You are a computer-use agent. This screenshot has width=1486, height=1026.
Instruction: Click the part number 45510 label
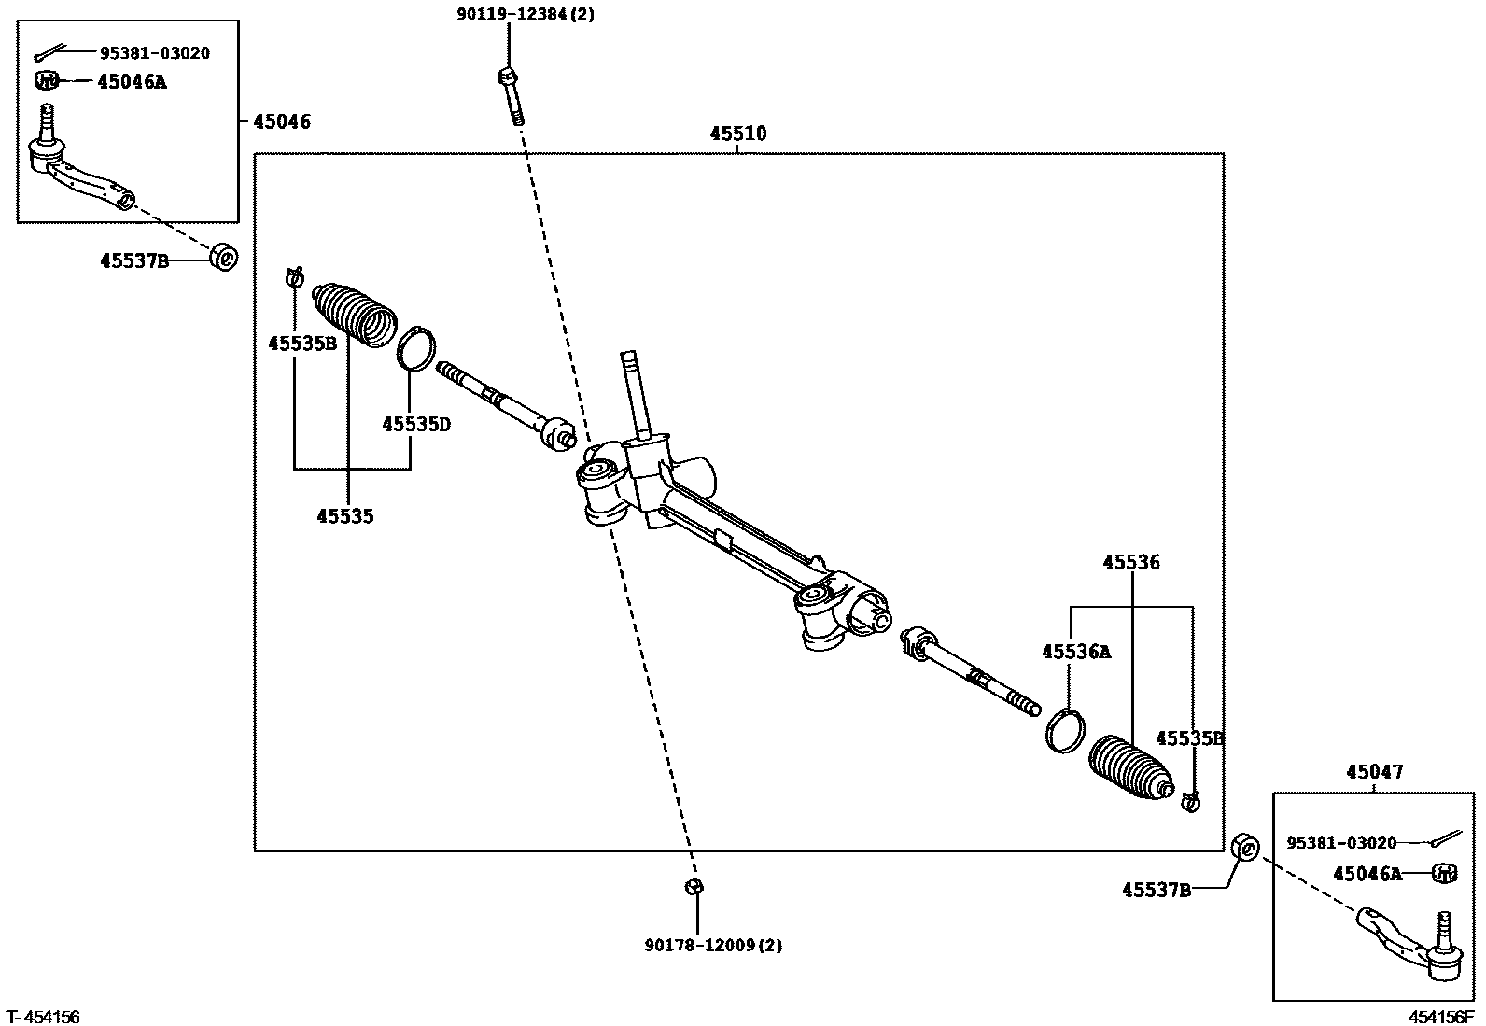click(737, 134)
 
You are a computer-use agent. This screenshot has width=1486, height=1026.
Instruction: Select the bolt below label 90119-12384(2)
click(511, 95)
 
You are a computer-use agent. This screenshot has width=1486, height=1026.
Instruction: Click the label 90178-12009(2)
click(713, 945)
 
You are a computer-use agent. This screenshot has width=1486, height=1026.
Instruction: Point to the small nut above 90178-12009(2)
click(694, 887)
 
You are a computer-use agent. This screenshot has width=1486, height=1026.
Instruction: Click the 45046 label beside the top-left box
click(281, 121)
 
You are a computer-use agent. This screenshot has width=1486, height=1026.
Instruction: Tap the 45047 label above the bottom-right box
click(1374, 772)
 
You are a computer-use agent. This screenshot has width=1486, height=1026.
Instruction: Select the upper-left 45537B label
click(134, 260)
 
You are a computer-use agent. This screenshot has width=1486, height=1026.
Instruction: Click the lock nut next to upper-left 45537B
click(224, 256)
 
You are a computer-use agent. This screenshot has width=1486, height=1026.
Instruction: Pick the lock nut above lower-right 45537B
click(1245, 847)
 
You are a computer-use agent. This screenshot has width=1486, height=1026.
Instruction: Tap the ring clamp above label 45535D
click(416, 348)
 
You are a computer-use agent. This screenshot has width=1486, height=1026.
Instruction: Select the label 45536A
click(1076, 652)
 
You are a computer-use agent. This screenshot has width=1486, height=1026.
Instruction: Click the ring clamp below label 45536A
click(1066, 729)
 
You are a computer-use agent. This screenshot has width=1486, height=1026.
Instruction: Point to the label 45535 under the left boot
click(344, 516)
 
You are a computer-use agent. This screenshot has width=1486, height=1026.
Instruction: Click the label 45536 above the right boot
click(1130, 562)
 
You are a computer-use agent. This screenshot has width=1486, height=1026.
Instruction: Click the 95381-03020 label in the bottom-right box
click(1341, 843)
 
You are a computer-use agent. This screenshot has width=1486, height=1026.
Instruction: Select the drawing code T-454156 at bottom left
click(43, 1016)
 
